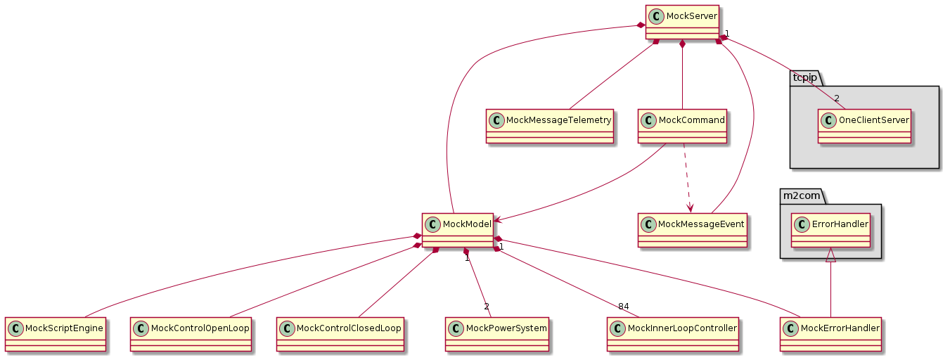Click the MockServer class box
coord(681,22)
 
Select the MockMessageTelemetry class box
coord(551,126)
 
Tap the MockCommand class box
coord(682,126)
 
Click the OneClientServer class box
coord(864,126)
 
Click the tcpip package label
coord(805,77)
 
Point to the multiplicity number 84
coord(624,307)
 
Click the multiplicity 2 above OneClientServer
coord(837,98)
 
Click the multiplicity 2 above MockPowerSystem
coord(486,307)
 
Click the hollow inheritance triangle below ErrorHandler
coord(830,255)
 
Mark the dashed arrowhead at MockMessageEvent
coord(691,208)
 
